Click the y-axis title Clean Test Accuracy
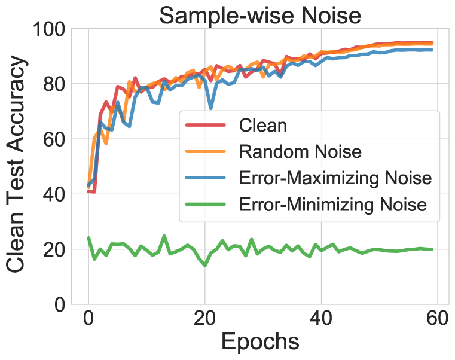(x=18, y=166)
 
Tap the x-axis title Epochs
(x=260, y=341)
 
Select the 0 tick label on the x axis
(x=88, y=319)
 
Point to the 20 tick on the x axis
(x=205, y=319)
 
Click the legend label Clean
(x=262, y=126)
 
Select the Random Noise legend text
(x=300, y=151)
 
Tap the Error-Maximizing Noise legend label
(x=335, y=178)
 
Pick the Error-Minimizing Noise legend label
(x=332, y=205)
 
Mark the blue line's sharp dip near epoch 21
(x=210, y=108)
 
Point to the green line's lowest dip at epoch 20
(x=205, y=265)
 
